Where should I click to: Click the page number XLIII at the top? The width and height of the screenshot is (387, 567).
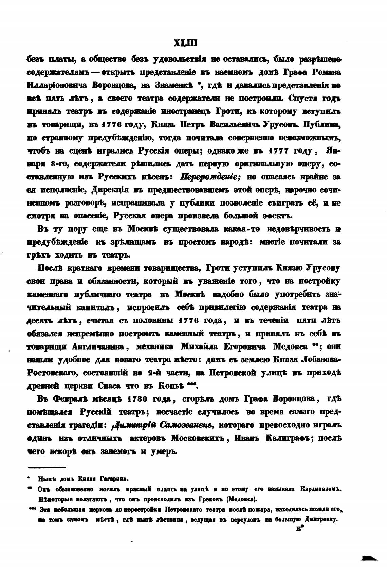(x=185, y=43)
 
